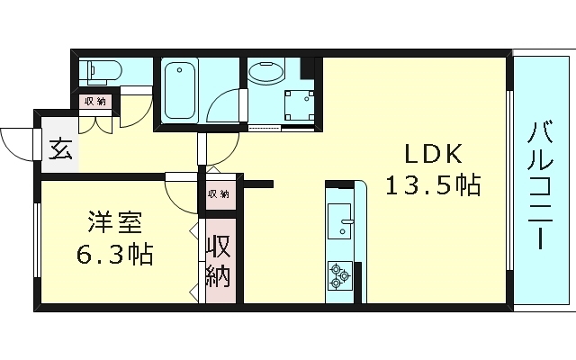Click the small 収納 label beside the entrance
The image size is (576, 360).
point(94,102)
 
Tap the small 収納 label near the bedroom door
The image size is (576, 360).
point(218,193)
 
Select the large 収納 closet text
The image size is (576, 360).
point(219,262)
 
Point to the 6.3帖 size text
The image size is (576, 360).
point(112,254)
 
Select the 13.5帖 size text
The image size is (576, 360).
point(432,185)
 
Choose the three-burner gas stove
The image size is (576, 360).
point(341,274)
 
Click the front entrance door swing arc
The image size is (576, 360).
point(16,144)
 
